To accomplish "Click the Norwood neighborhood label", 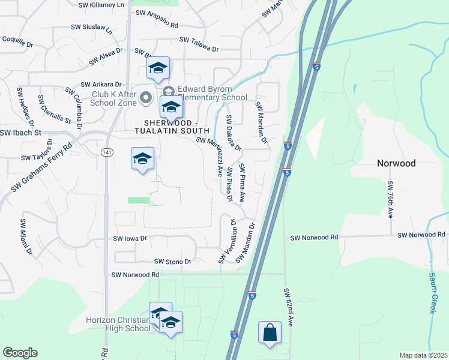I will point(396,163).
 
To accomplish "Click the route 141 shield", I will point(107,153).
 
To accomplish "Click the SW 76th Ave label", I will point(390,199).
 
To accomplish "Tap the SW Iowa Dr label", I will point(130,238).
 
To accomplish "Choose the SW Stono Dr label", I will point(172,262).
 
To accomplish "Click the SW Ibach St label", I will point(20,132).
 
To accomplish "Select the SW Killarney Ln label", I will point(105,4).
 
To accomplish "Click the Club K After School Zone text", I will point(114,98).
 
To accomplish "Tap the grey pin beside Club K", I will point(146,97).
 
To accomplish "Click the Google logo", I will point(20,353).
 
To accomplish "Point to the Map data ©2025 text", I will point(423,355).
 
